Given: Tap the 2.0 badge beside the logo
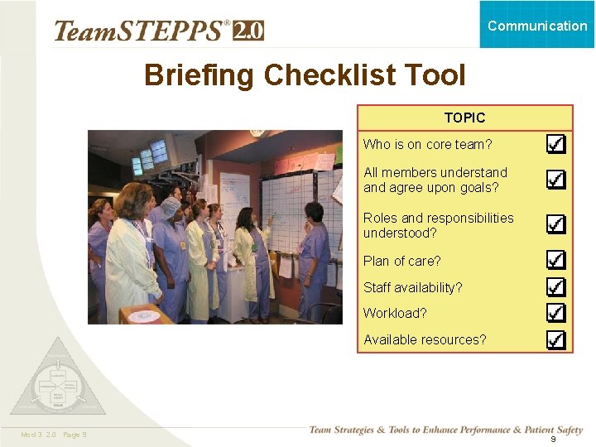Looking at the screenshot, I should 248,31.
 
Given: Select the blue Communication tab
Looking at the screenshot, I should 537,25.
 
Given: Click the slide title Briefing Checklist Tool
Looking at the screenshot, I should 305,75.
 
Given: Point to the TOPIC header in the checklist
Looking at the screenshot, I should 464,118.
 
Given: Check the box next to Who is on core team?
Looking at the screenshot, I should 556,144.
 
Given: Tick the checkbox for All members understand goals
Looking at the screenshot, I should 556,180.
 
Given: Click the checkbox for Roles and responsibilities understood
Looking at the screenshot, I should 556,224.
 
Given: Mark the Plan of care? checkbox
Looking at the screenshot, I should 556,261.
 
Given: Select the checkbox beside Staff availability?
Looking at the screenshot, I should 556,287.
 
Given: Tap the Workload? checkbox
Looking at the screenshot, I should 556,313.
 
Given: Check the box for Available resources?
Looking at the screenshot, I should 556,339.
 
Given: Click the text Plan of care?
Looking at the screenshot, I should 401,261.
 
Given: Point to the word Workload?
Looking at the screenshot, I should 395,313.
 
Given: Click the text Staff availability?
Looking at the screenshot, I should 412,287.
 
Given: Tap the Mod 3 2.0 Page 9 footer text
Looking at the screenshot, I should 54,435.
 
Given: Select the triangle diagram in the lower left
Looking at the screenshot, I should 58,380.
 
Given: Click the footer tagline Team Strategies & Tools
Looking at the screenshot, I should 445,430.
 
